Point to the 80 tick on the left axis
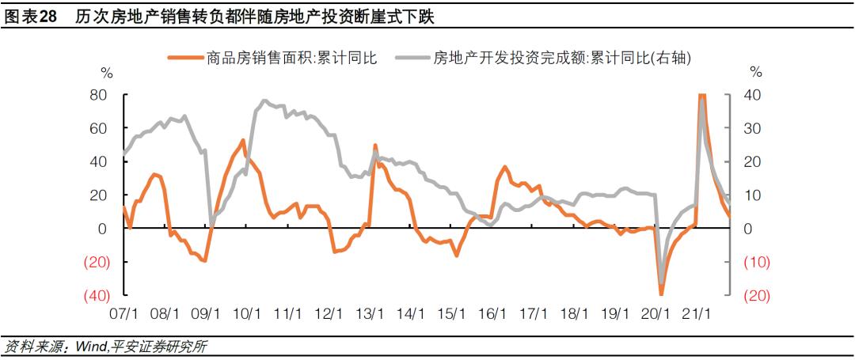pyautogui.click(x=98, y=95)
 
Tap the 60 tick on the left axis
pyautogui.click(x=98, y=128)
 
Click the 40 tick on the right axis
pyautogui.click(x=753, y=95)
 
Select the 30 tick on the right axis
pyautogui.click(x=753, y=128)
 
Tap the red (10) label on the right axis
pyautogui.click(x=756, y=262)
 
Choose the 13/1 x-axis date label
pyautogui.click(x=369, y=313)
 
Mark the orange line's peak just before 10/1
pyautogui.click(x=243, y=141)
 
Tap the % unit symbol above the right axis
pyautogui.click(x=756, y=73)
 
